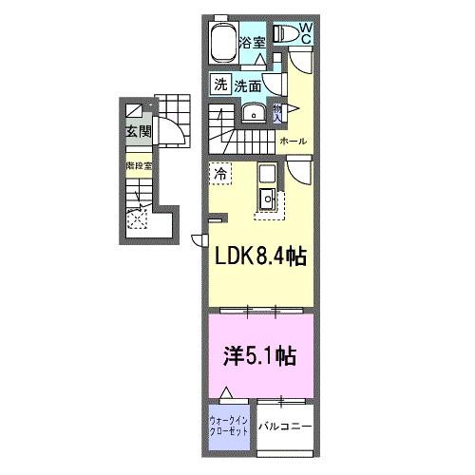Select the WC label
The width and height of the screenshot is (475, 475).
(x=307, y=34)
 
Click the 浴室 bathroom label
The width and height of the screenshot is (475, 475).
(x=251, y=42)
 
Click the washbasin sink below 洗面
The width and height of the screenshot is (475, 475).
(x=253, y=114)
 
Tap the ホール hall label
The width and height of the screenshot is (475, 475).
(x=292, y=141)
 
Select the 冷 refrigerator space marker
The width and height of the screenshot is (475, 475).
(x=220, y=174)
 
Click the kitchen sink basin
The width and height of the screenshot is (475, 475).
(x=266, y=199)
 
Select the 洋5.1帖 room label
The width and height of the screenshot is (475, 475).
(x=257, y=356)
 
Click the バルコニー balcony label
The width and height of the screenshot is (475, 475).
(x=285, y=425)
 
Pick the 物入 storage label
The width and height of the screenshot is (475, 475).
(x=276, y=113)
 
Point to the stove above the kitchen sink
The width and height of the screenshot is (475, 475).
(x=264, y=175)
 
